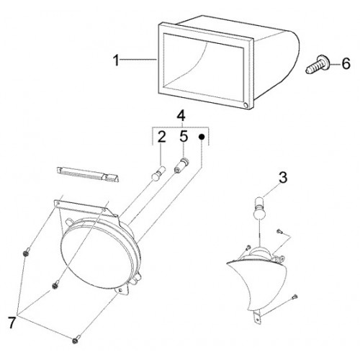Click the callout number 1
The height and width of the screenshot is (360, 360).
tap(116, 60)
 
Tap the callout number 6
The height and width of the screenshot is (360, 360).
tap(346, 63)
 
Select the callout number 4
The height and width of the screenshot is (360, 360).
tap(181, 116)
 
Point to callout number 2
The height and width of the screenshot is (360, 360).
tap(161, 137)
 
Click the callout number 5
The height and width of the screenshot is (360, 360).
tap(184, 137)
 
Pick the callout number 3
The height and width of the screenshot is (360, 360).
tap(283, 178)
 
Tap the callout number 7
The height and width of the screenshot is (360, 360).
tap(12, 323)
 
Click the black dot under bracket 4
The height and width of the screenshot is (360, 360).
tap(202, 137)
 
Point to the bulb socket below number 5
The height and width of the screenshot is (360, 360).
tap(181, 165)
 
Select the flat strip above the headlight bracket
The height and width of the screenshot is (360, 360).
tap(88, 174)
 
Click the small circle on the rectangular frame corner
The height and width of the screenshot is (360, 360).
tap(246, 105)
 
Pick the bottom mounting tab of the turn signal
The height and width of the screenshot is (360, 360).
tap(256, 318)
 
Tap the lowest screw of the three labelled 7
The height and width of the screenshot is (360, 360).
tap(76, 340)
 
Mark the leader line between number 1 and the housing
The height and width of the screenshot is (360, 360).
tap(138, 60)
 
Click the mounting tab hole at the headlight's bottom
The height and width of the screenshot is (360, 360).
tap(120, 290)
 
